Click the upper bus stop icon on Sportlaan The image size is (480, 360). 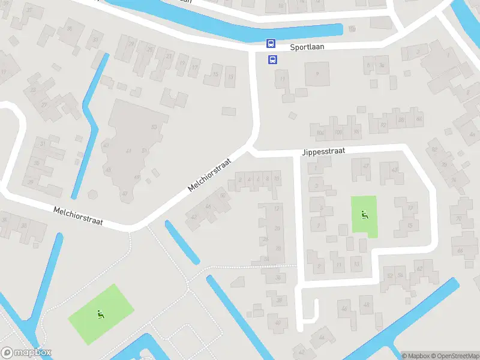click(271, 43)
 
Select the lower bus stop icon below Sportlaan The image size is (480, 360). click(272, 59)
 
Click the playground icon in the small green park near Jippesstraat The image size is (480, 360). click(364, 214)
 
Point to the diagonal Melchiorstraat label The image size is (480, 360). click(209, 174)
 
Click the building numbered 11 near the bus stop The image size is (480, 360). click(282, 79)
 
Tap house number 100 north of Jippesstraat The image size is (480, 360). click(338, 132)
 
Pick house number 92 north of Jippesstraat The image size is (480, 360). click(383, 125)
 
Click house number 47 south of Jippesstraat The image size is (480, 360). click(366, 165)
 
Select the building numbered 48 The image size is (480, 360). click(365, 305)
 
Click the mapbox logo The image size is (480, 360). click(26, 353)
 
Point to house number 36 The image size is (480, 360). click(278, 278)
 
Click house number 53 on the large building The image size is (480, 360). click(154, 127)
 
